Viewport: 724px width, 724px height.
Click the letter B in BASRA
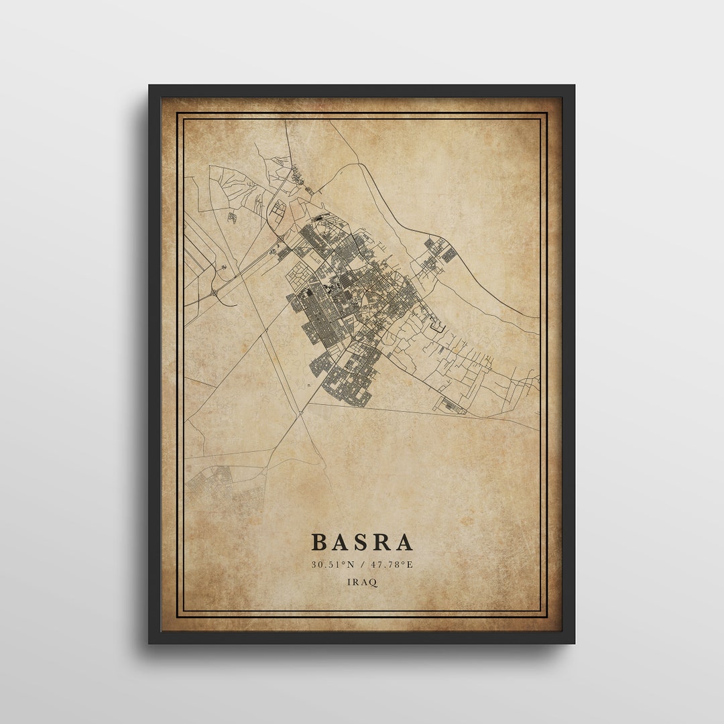(x=320, y=542)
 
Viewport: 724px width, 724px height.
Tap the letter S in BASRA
(x=363, y=542)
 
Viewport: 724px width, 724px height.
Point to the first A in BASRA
(x=341, y=542)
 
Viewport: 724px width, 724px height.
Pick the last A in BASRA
(x=404, y=542)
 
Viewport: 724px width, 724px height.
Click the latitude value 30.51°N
(x=333, y=564)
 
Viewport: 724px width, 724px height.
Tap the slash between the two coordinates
(x=361, y=564)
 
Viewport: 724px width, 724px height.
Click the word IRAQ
(x=362, y=582)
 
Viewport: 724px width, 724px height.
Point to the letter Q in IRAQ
(x=373, y=583)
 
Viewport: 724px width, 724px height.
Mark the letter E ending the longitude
(x=410, y=564)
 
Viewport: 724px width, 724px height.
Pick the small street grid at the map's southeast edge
(x=453, y=406)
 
